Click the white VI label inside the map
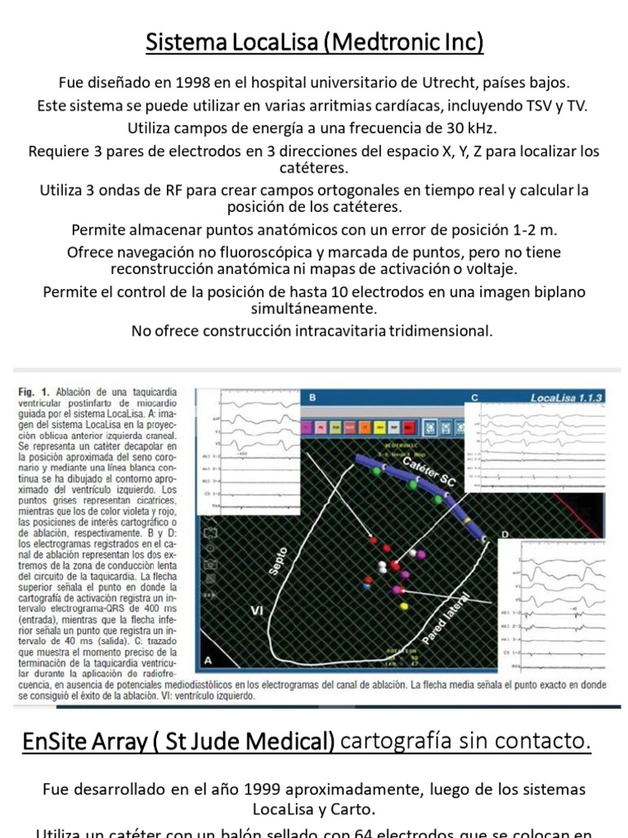tap(256, 610)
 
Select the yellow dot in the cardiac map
tap(404, 606)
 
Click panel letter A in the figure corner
tap(208, 660)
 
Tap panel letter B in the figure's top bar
tap(312, 398)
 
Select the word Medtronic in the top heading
tap(384, 42)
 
